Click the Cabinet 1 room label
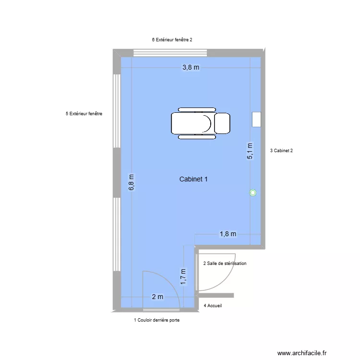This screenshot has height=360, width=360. click(193, 180)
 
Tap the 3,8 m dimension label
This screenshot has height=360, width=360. click(190, 68)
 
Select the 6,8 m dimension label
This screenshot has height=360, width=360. click(132, 182)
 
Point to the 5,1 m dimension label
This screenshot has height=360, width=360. click(250, 151)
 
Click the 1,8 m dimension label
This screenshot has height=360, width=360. click(228, 234)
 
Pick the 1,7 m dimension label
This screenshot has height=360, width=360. click(183, 277)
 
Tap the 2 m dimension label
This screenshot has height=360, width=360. click(157, 297)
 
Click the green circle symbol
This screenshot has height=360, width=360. click(253, 193)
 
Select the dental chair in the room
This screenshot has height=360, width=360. click(200, 123)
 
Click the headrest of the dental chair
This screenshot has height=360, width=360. click(222, 123)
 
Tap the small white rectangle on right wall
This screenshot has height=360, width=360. click(257, 120)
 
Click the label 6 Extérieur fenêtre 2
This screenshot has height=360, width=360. click(172, 40)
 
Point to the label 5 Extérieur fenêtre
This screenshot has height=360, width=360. click(84, 114)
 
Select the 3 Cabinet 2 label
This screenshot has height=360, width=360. click(282, 151)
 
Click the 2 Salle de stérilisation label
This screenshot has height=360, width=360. click(225, 264)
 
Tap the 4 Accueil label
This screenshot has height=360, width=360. click(213, 305)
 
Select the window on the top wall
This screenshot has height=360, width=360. click(170, 53)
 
